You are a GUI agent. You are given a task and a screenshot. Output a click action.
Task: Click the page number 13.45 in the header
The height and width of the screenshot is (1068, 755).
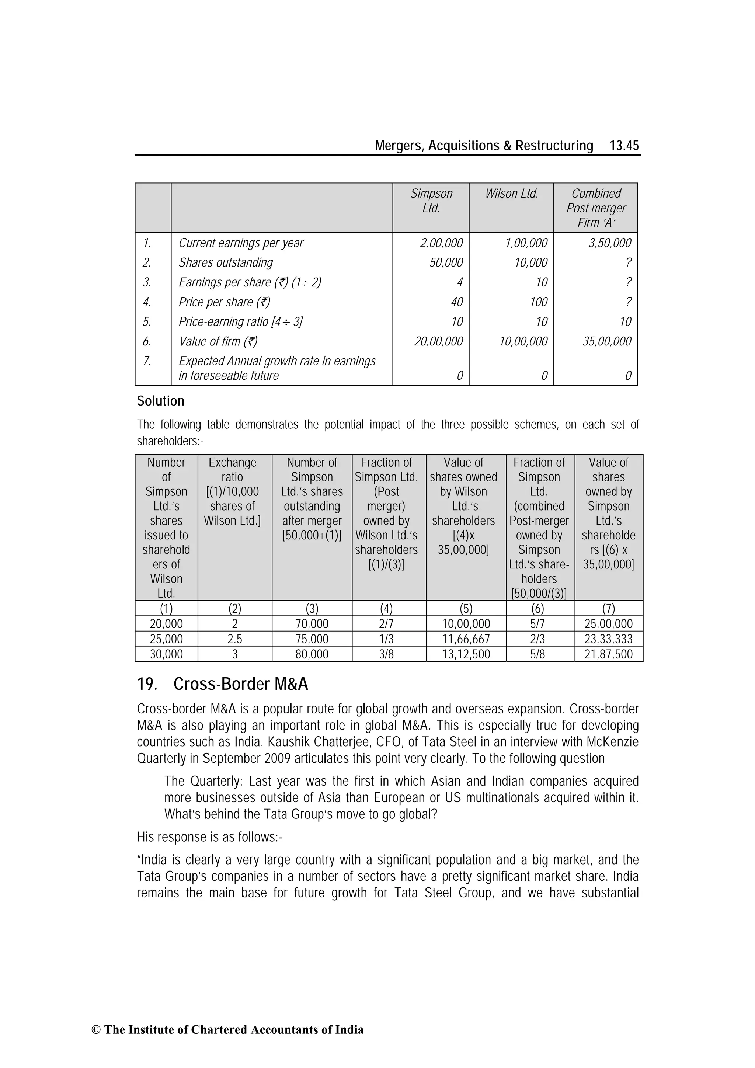[x=624, y=146]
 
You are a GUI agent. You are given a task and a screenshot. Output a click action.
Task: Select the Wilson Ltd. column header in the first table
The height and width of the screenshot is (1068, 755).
[x=511, y=194]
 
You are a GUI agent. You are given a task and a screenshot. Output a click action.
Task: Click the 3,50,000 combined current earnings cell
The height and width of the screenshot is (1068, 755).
[x=609, y=243]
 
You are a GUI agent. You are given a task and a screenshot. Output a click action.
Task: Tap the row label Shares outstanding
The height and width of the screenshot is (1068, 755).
[x=226, y=262]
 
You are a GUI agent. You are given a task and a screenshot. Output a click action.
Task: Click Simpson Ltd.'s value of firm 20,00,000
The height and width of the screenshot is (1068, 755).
[x=438, y=341]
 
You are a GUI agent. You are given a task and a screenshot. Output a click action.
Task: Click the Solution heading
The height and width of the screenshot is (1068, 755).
[x=160, y=401]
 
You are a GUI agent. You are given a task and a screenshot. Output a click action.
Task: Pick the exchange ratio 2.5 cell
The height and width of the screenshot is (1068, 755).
[x=234, y=639]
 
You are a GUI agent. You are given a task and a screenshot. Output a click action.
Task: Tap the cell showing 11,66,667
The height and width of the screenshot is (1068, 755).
[x=466, y=639]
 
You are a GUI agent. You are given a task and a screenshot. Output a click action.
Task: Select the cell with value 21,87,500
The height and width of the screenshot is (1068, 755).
[x=609, y=654]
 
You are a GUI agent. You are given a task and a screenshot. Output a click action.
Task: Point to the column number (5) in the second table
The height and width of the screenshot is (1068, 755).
[x=466, y=608]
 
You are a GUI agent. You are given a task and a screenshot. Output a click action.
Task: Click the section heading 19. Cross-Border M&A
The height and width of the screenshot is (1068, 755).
[x=222, y=684]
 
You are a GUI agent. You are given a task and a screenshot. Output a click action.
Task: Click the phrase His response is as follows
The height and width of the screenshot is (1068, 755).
[x=209, y=837]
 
